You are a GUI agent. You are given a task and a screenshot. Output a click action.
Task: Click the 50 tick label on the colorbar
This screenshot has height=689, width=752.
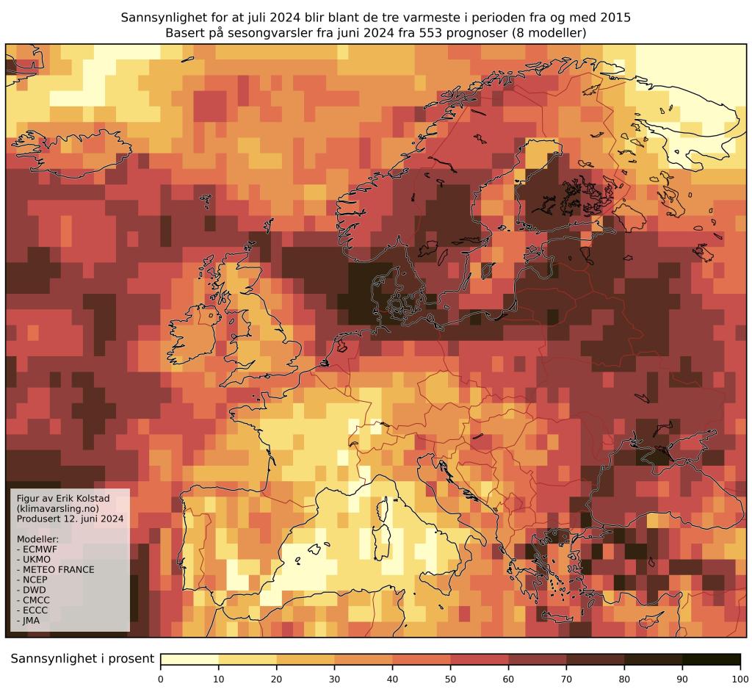point(450,678)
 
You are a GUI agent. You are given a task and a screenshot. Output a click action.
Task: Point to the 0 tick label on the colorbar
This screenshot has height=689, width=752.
point(161,678)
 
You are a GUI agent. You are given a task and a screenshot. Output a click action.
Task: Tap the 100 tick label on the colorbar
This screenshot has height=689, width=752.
point(740,678)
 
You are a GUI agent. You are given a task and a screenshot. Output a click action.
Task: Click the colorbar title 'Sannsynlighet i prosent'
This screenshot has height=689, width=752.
point(82,659)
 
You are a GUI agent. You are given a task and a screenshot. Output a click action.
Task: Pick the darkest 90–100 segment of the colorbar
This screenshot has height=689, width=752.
point(711,659)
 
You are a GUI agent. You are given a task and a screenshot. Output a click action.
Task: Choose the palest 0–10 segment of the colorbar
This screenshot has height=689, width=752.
point(189,659)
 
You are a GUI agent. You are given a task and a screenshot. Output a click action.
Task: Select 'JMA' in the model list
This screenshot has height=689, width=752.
point(36,621)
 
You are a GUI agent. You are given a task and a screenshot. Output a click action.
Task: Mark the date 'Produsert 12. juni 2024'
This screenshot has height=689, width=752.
point(69,519)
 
